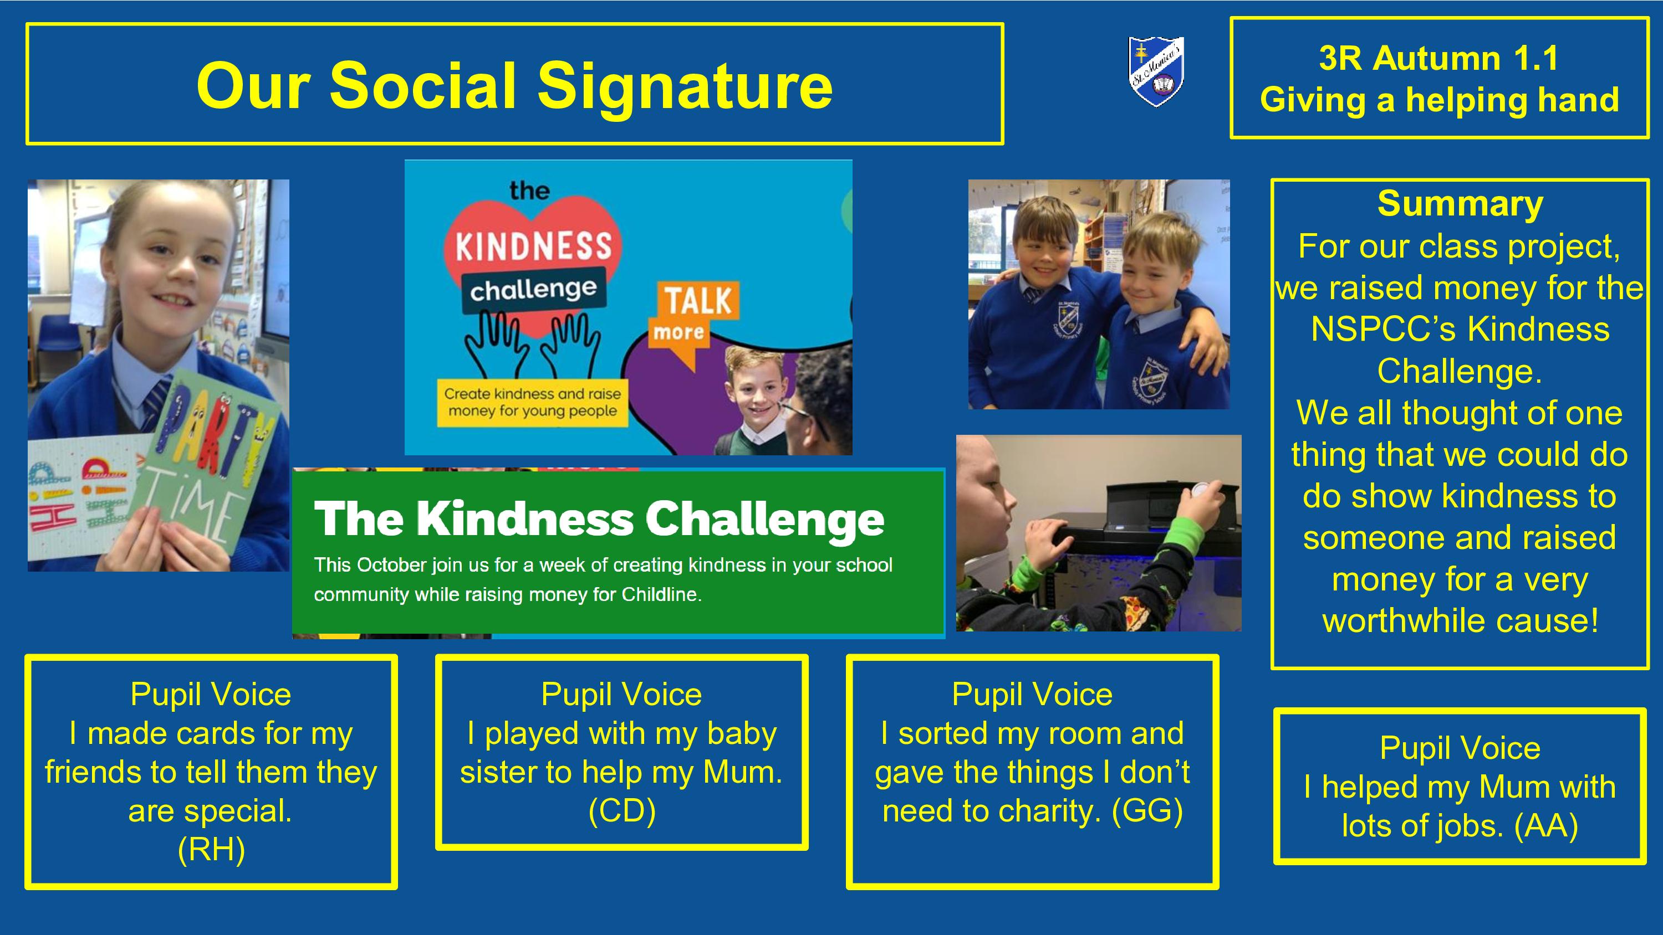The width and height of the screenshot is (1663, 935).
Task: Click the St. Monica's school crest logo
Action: coord(1156,71)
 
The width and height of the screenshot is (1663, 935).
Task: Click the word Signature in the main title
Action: coord(685,86)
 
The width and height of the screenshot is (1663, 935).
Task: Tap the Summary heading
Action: coord(1460,204)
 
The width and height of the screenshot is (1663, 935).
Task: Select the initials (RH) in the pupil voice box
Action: coord(211,850)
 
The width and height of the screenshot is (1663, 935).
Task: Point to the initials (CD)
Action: coord(622,811)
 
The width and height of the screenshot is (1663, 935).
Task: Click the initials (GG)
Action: coord(1147,811)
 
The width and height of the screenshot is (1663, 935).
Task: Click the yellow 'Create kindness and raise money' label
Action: coord(533,403)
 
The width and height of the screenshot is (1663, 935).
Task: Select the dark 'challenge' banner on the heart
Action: coord(533,290)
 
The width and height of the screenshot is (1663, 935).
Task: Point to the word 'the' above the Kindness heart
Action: coord(529,191)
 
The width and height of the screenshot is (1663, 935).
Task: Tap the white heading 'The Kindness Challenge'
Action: coord(599,520)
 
